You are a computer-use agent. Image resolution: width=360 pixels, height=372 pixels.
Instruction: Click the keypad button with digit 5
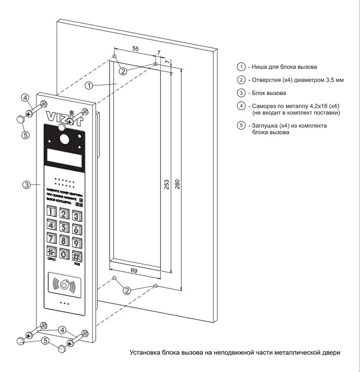[64, 227]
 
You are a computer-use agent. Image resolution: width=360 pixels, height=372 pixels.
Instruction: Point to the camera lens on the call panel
[63, 136]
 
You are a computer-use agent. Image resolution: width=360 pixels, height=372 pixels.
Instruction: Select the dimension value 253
[166, 184]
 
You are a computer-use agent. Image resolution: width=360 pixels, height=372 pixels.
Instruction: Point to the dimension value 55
[134, 49]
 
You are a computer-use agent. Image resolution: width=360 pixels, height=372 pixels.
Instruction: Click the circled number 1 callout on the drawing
[88, 85]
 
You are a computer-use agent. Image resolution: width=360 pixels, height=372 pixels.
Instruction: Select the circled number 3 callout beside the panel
[26, 185]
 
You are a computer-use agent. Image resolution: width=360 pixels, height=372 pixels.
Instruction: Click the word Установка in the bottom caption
[145, 353]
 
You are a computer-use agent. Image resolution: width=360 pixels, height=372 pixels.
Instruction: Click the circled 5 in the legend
[241, 126]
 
